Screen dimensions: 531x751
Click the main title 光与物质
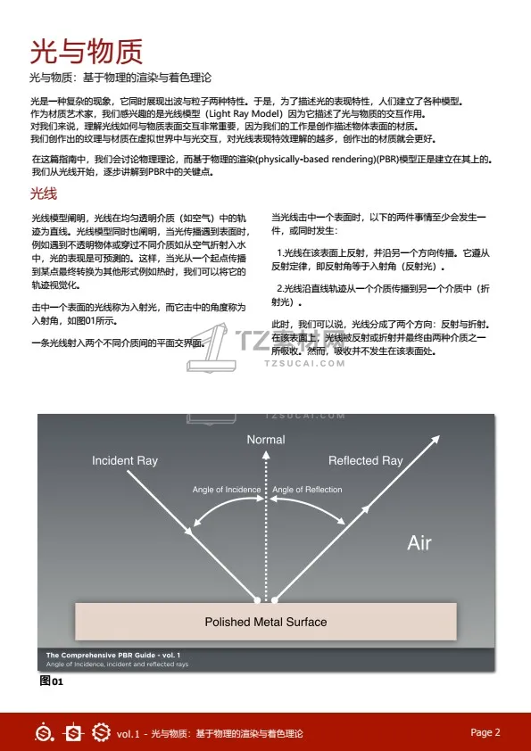tap(87, 50)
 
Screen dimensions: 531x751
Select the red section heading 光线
tap(44, 194)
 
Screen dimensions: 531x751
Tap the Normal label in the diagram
tap(266, 440)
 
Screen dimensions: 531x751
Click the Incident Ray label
tap(125, 461)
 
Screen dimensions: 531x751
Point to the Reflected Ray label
tap(365, 461)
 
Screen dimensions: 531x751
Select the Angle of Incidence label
tap(227, 490)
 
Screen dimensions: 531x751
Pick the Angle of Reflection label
tap(307, 490)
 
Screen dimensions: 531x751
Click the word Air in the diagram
tap(419, 542)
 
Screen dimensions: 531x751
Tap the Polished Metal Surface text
tap(266, 622)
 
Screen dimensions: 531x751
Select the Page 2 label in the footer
tap(485, 732)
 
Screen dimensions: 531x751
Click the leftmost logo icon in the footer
tap(43, 733)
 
